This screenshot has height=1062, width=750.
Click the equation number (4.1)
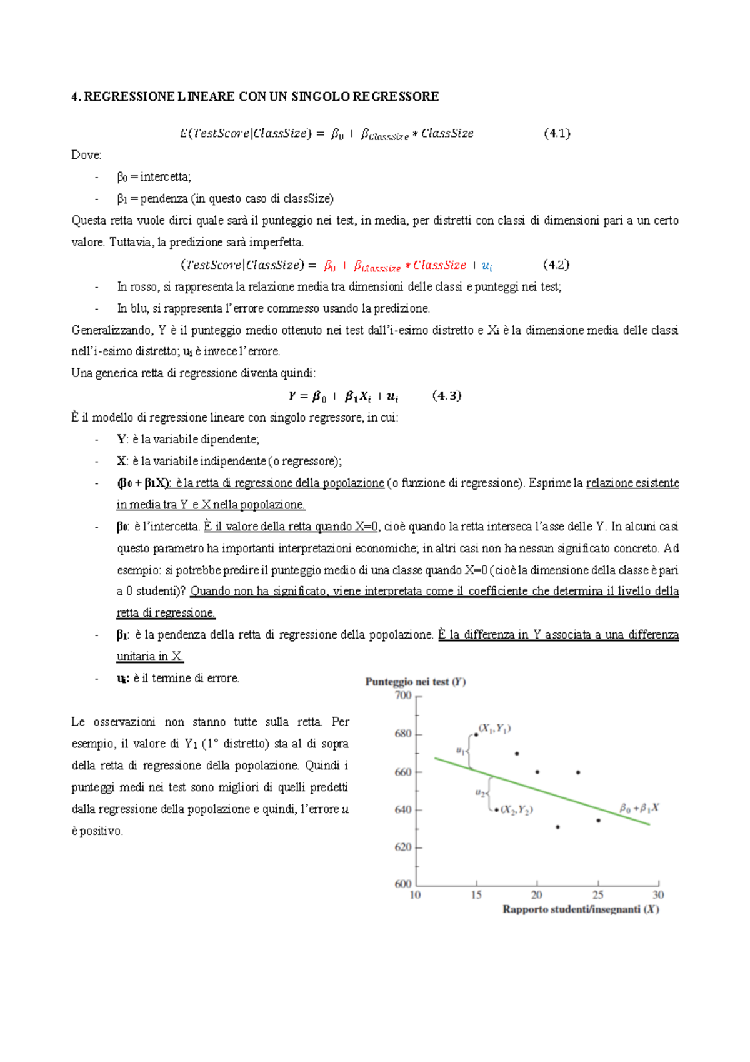coord(557,133)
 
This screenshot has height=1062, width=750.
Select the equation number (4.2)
coord(556,265)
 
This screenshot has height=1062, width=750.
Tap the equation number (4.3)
coord(447,395)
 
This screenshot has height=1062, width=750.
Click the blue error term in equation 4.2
coord(487,266)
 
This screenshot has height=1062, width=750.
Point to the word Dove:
coord(86,155)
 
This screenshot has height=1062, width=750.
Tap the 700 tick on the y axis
coord(403,695)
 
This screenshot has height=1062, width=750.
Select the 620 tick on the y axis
coord(403,847)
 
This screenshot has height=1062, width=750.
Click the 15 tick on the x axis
coord(476,895)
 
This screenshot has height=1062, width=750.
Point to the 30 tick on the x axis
coord(658,895)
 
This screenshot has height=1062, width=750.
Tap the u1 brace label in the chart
coord(461,750)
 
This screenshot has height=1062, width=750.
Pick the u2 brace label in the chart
coord(480,792)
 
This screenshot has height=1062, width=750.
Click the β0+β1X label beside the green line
coord(639,808)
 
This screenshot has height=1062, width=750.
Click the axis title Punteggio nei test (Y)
coord(416,682)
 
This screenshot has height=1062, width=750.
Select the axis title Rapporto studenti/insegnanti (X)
coord(581,909)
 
